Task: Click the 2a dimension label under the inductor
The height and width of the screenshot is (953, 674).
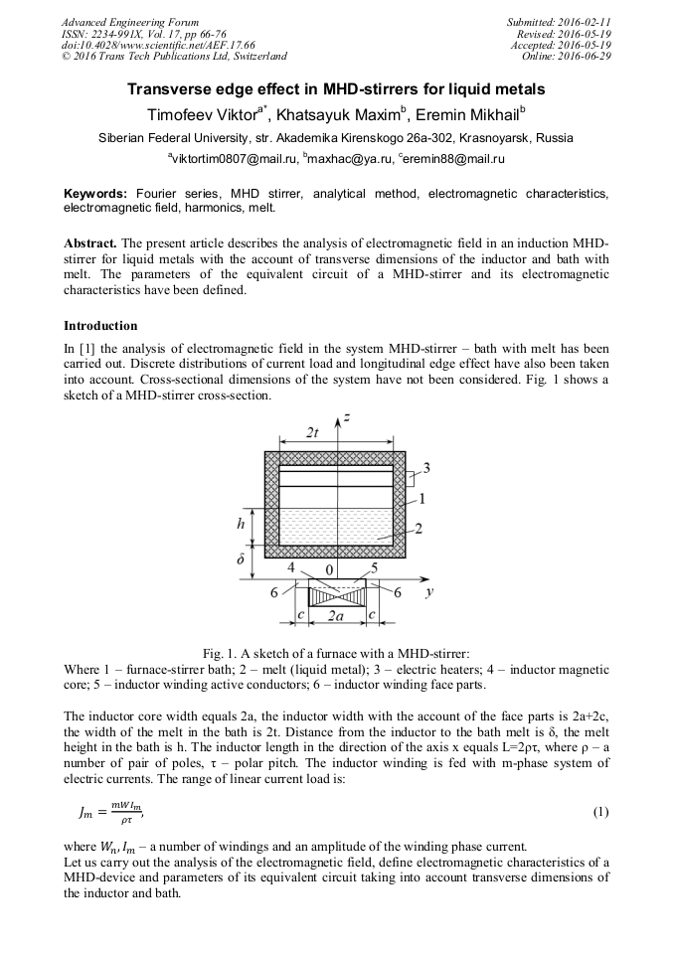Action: pos(336,616)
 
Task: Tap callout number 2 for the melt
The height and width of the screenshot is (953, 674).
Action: pos(421,529)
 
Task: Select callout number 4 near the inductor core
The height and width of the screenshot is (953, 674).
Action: pos(291,568)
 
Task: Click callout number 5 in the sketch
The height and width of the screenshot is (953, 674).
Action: pos(374,568)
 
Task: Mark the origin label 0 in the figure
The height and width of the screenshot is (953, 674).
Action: pos(330,570)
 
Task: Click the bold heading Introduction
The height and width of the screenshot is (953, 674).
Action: pos(100,326)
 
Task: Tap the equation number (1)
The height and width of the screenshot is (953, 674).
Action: pos(599,811)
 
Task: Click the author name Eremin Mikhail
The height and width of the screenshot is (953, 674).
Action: pos(471,113)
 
